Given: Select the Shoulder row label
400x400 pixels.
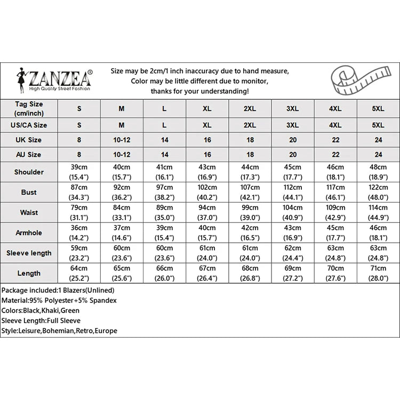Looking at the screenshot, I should pyautogui.click(x=29, y=172).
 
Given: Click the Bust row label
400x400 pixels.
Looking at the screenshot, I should pyautogui.click(x=29, y=192).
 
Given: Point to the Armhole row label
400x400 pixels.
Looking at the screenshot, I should pyautogui.click(x=29, y=233).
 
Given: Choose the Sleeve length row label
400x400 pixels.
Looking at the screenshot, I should pyautogui.click(x=29, y=253).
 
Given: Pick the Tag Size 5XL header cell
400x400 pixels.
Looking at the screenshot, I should pyautogui.click(x=378, y=108).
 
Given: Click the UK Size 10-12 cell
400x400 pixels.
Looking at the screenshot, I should pyautogui.click(x=122, y=140).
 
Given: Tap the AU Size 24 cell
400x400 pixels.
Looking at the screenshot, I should pyautogui.click(x=378, y=155).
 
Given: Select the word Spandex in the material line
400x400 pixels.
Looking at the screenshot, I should pyautogui.click(x=104, y=300).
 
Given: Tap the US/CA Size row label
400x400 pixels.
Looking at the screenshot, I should pyautogui.click(x=29, y=125).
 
